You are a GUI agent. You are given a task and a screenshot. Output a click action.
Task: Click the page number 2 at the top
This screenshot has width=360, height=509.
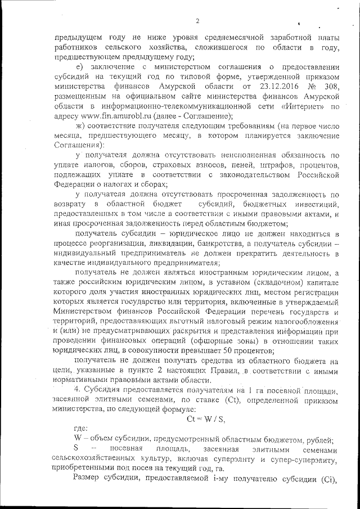tap(198, 21)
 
